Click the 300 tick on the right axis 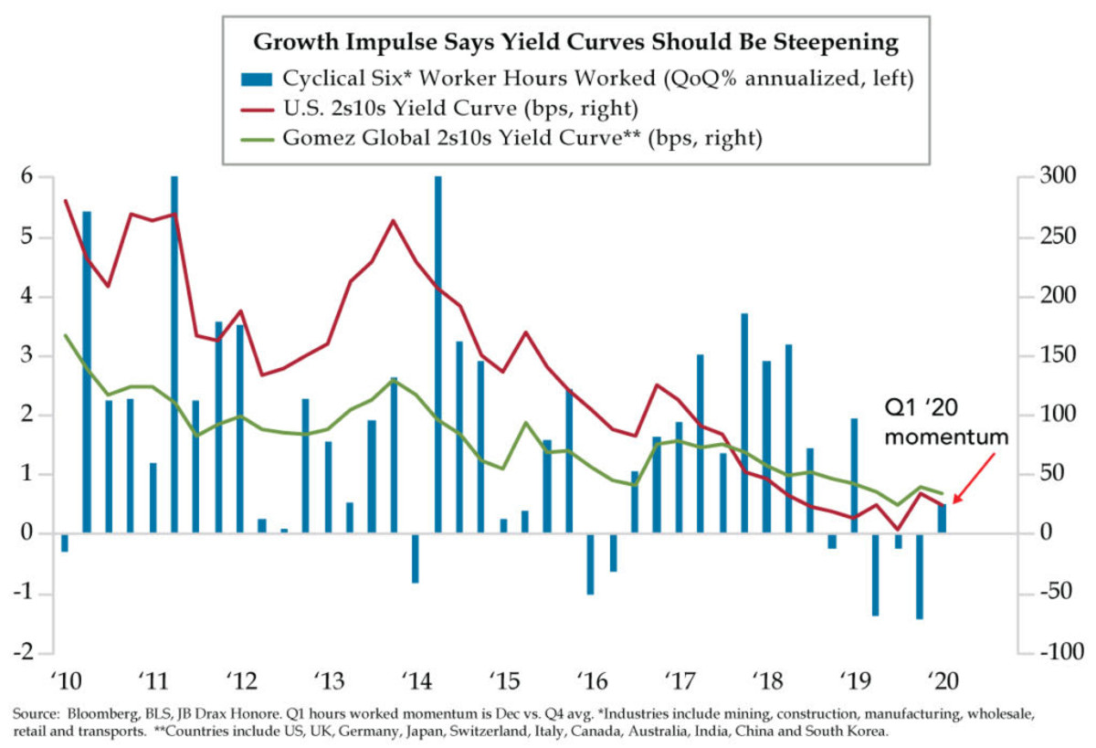pos(1043,177)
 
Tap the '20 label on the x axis pos(942,681)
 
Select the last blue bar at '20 pos(942,519)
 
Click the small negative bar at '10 pos(65,543)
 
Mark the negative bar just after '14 pos(416,558)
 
